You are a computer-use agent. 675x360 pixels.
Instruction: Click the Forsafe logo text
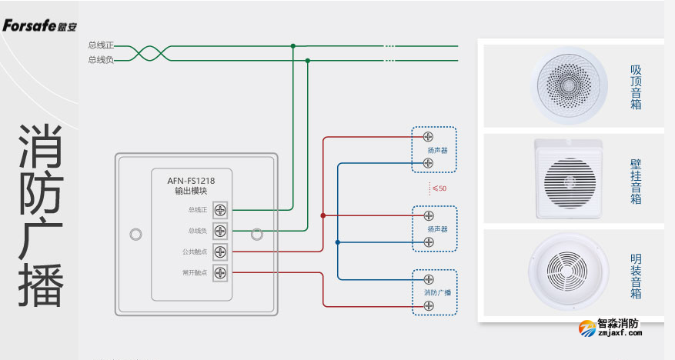pos(34,25)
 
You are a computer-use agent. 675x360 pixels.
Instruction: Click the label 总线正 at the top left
pos(101,45)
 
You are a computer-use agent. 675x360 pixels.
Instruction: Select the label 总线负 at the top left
pos(101,59)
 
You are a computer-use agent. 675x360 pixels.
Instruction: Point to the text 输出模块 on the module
pos(192,192)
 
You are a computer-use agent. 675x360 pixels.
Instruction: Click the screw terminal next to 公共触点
pos(220,251)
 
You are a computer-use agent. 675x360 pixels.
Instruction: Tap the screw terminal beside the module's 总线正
pos(220,209)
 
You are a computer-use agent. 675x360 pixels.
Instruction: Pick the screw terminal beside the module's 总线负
pos(220,230)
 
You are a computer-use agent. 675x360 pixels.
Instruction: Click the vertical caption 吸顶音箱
pos(636,87)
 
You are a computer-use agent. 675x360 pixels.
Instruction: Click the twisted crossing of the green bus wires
pos(139,52)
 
